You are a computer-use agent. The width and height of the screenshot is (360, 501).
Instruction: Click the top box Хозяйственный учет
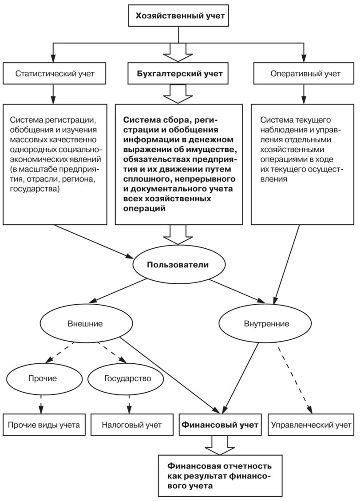point(178,16)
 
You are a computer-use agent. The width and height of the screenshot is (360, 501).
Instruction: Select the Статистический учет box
point(54,73)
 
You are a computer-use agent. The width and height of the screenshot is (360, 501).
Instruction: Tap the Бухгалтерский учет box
point(178,73)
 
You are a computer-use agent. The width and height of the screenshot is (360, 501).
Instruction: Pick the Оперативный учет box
point(304,73)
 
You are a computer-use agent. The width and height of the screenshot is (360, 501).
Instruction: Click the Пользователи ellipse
point(178,265)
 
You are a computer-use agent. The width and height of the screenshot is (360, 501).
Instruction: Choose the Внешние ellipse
point(85,323)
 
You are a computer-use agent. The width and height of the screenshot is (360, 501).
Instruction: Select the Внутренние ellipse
point(265,323)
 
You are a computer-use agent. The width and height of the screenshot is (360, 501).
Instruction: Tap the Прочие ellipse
point(43,378)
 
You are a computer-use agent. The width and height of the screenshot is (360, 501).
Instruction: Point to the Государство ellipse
point(128,378)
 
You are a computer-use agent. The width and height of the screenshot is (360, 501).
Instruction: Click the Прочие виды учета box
point(44,425)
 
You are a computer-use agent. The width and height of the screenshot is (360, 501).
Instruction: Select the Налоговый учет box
point(132,425)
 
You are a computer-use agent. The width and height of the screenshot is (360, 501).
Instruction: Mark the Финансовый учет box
point(220,425)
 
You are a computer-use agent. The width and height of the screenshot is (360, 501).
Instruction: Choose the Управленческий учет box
point(311,425)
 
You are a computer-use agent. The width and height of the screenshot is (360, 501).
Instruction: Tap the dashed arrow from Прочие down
point(41,404)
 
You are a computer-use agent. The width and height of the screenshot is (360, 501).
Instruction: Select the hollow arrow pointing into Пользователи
point(178,235)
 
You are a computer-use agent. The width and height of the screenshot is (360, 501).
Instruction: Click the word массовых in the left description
point(29,139)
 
